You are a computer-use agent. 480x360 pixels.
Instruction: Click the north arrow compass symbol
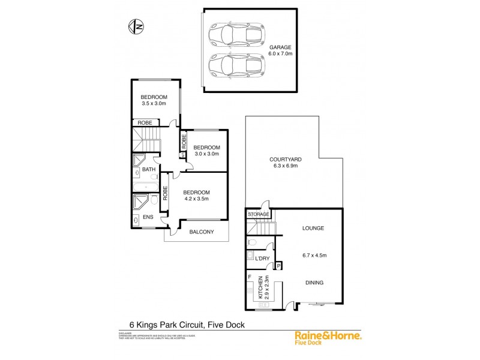[x=135, y=26]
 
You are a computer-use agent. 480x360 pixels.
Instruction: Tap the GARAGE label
[x=280, y=47]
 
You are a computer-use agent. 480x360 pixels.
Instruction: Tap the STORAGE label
[x=258, y=214]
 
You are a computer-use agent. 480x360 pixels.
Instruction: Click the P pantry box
[x=279, y=265]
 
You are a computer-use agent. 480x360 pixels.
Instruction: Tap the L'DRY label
[x=262, y=258]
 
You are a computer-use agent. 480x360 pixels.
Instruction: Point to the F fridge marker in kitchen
[x=250, y=277]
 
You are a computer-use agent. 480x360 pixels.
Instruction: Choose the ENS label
[x=146, y=217]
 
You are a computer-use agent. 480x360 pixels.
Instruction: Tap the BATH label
[x=149, y=170]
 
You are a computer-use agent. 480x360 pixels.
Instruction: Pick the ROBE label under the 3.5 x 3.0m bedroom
[x=145, y=122]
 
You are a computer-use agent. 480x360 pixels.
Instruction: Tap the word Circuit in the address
[x=182, y=325]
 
